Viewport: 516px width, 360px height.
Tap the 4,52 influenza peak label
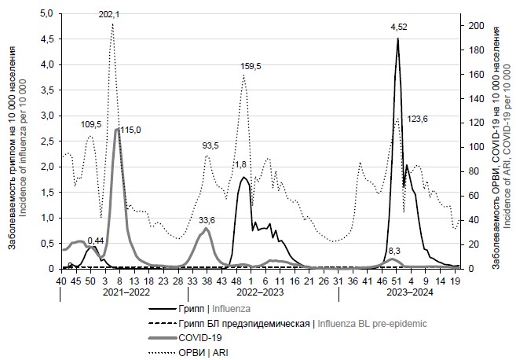[399, 28]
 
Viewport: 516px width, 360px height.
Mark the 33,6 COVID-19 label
[207, 220]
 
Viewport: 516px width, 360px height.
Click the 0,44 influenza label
[96, 240]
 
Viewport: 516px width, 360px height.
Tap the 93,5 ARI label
[212, 145]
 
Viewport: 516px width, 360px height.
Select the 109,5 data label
[91, 124]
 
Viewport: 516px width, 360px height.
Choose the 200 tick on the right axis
[476, 26]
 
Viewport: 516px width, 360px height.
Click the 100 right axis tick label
[476, 147]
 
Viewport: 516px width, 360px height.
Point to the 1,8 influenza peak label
[242, 164]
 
